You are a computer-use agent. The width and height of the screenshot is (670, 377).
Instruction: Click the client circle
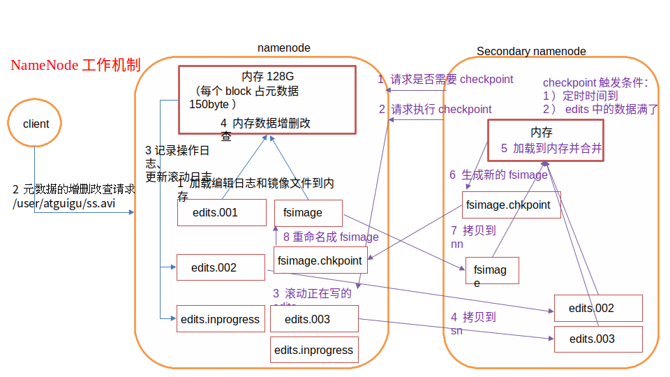36,124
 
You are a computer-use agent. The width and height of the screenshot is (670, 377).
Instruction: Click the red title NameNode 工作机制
75,66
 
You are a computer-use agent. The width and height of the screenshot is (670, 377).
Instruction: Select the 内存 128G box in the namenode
267,99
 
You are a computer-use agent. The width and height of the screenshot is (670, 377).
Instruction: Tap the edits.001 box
221,213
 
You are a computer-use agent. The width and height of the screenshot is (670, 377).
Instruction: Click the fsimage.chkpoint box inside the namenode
320,260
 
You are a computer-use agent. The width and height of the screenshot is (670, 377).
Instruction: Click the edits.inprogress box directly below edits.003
314,350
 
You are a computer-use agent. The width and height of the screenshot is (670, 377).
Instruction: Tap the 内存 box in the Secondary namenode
545,140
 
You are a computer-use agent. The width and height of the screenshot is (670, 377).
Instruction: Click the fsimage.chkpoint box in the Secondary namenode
511,205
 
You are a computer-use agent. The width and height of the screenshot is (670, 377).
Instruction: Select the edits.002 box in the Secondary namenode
597,308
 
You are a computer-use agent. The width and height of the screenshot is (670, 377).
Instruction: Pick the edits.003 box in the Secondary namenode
597,339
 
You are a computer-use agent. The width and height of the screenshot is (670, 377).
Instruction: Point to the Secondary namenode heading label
531,51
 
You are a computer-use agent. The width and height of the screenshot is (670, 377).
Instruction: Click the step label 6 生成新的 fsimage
498,175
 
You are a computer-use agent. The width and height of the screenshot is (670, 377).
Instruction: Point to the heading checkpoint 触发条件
595,82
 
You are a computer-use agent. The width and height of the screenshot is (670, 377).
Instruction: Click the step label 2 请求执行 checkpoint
435,109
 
